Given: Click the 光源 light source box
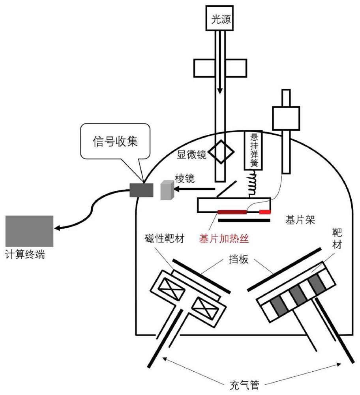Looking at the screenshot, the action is coord(219,18).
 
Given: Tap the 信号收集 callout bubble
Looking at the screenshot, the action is coord(115,141).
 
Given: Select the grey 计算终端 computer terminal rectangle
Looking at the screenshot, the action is coord(30,231).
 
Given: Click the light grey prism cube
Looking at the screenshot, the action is coord(167,190).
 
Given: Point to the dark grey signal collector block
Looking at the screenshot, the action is coord(141,190).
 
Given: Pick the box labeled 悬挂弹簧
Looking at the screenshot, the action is coord(253,150).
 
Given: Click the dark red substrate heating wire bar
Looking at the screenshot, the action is coord(232,212).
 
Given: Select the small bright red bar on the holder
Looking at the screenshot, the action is coord(265,212).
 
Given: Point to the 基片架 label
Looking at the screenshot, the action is coord(300,220).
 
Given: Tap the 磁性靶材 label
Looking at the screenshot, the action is coord(165,238).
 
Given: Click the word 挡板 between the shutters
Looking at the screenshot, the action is coord(239,259).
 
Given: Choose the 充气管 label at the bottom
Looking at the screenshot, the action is coord(244,385).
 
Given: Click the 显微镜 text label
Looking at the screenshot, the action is coord(191,154).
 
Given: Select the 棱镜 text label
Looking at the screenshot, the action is coord(185,179).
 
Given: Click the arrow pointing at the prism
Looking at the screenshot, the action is coord(194,189).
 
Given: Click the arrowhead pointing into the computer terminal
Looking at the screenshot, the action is coord(58,228).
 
